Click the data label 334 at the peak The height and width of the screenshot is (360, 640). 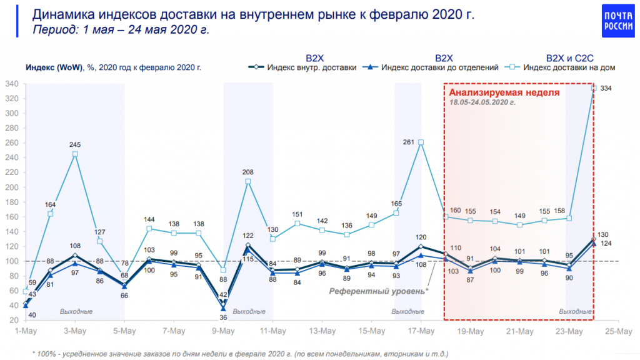pos(606,89)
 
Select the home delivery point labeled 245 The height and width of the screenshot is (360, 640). pos(75,154)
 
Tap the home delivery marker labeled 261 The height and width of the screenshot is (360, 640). pos(421,142)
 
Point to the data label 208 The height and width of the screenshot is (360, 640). pos(248,172)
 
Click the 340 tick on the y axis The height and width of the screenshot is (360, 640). pos(11,84)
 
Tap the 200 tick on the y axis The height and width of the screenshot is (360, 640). pos(11,187)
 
